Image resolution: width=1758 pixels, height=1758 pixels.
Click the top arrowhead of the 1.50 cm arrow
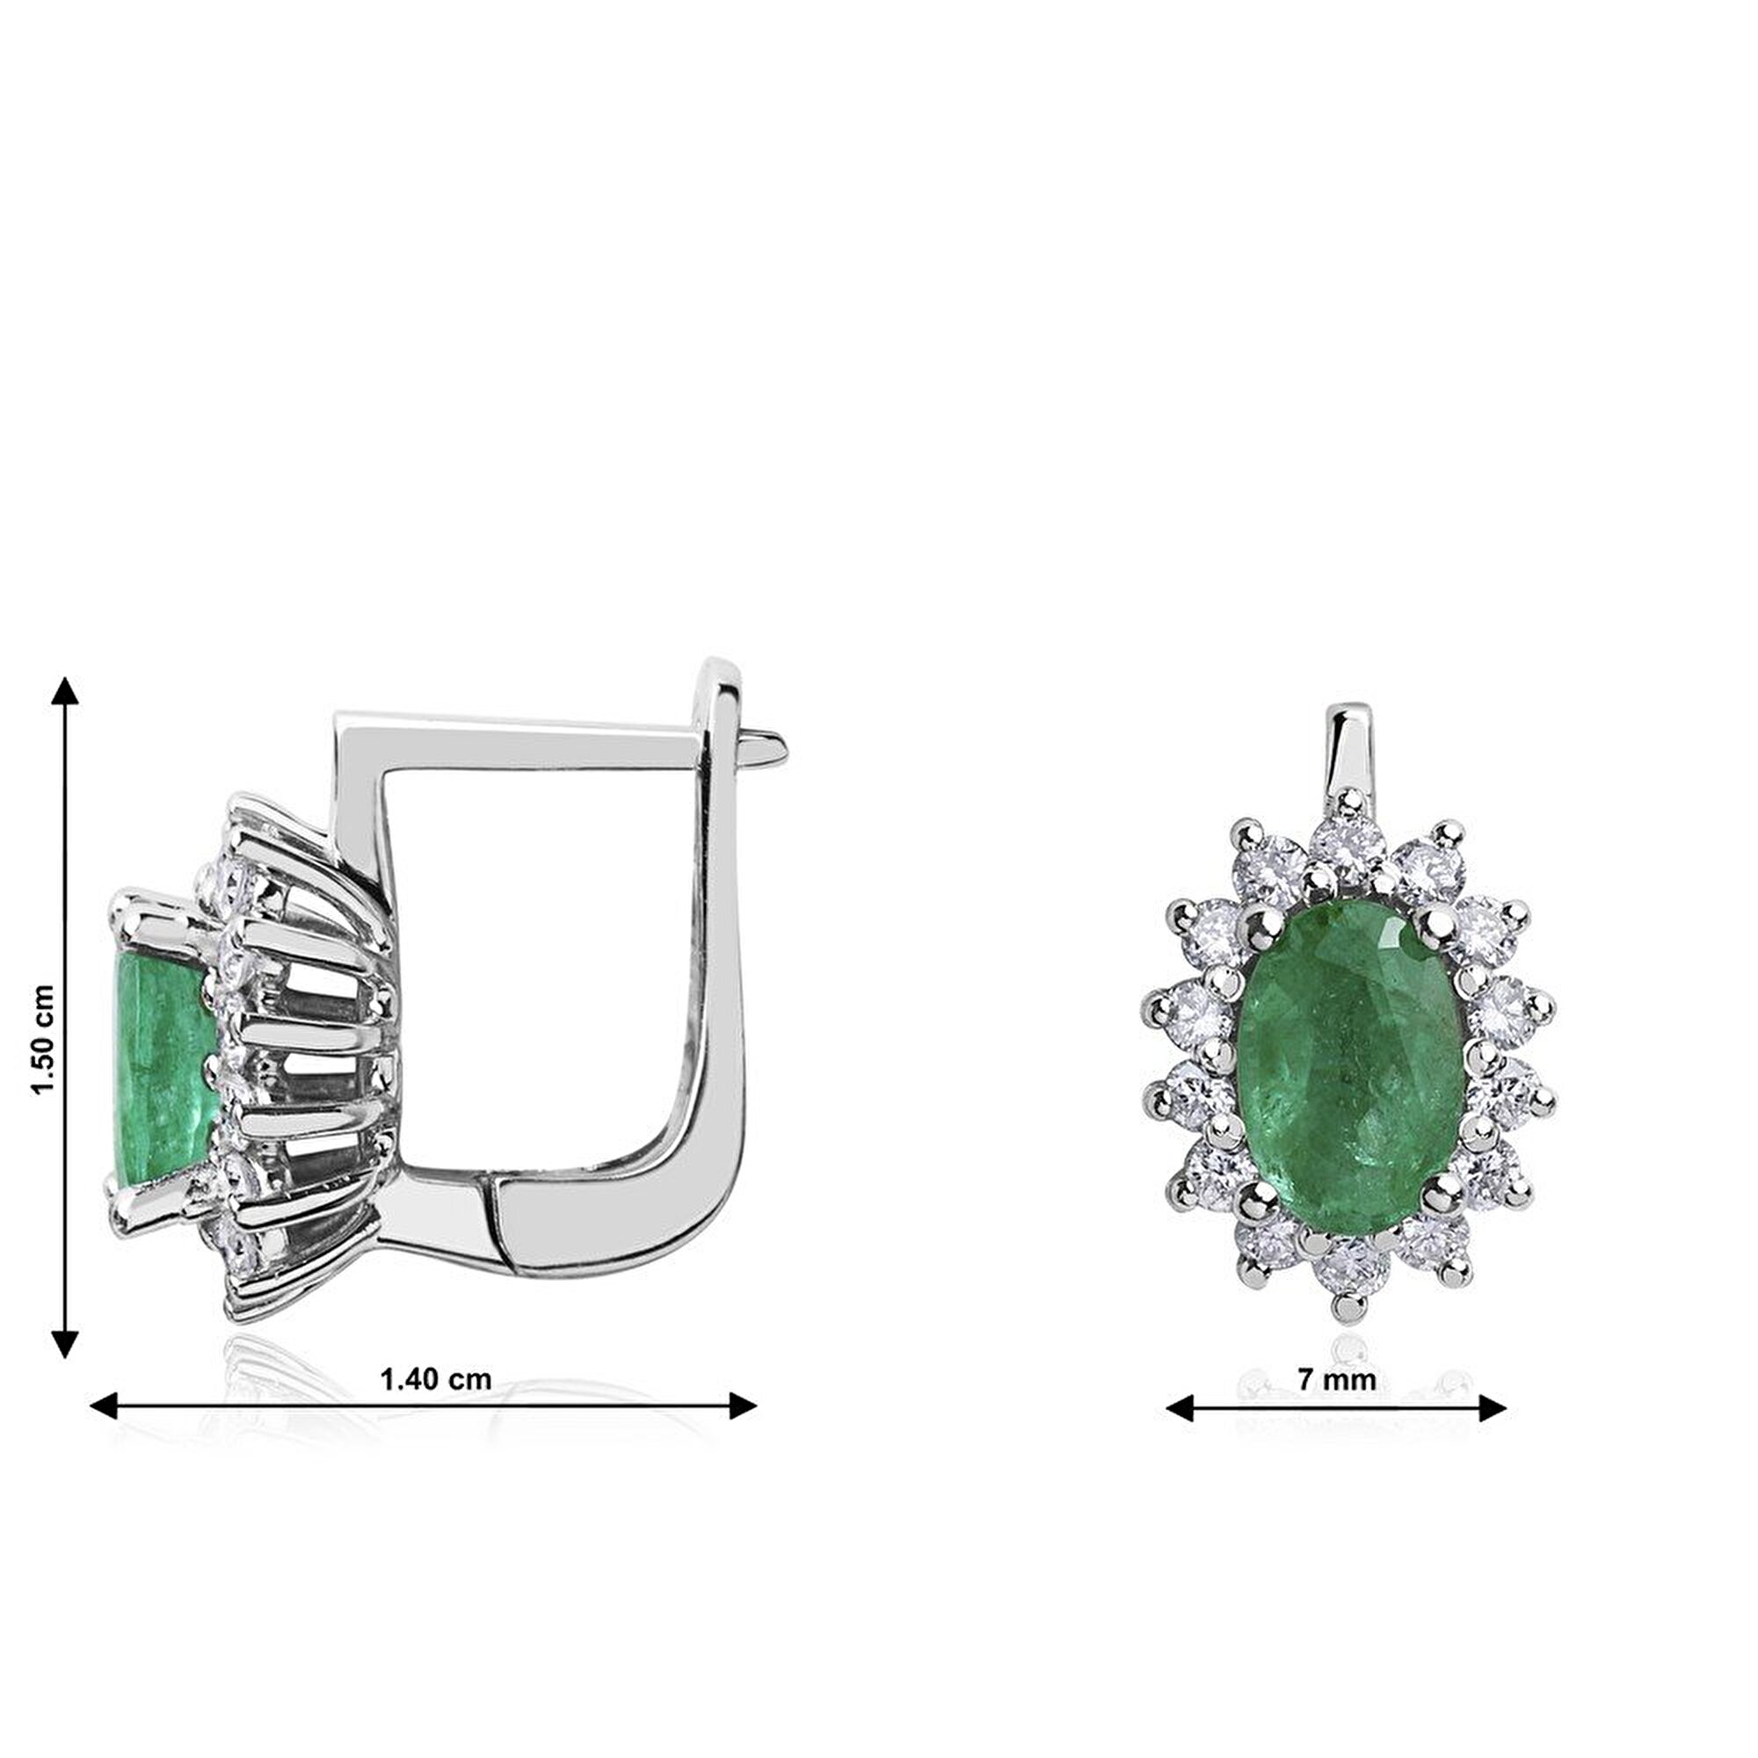click(x=63, y=691)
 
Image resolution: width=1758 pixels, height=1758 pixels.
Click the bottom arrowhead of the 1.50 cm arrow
click(x=63, y=1343)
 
